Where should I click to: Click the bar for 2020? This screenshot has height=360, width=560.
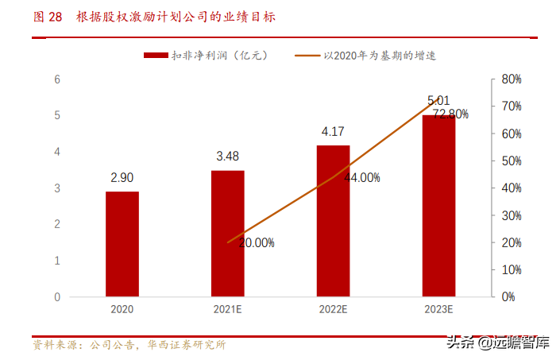(x=122, y=244)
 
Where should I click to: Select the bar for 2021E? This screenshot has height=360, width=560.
(x=227, y=234)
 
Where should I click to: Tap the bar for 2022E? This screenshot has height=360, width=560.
(x=333, y=221)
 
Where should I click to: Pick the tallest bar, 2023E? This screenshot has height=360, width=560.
(x=438, y=206)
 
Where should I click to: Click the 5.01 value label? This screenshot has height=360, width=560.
(x=438, y=101)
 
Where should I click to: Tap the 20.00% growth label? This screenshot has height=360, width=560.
(x=255, y=243)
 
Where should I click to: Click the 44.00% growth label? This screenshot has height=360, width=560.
(x=361, y=178)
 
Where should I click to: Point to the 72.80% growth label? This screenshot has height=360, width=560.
(x=450, y=114)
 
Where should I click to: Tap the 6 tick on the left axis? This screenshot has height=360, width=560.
(x=57, y=79)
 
